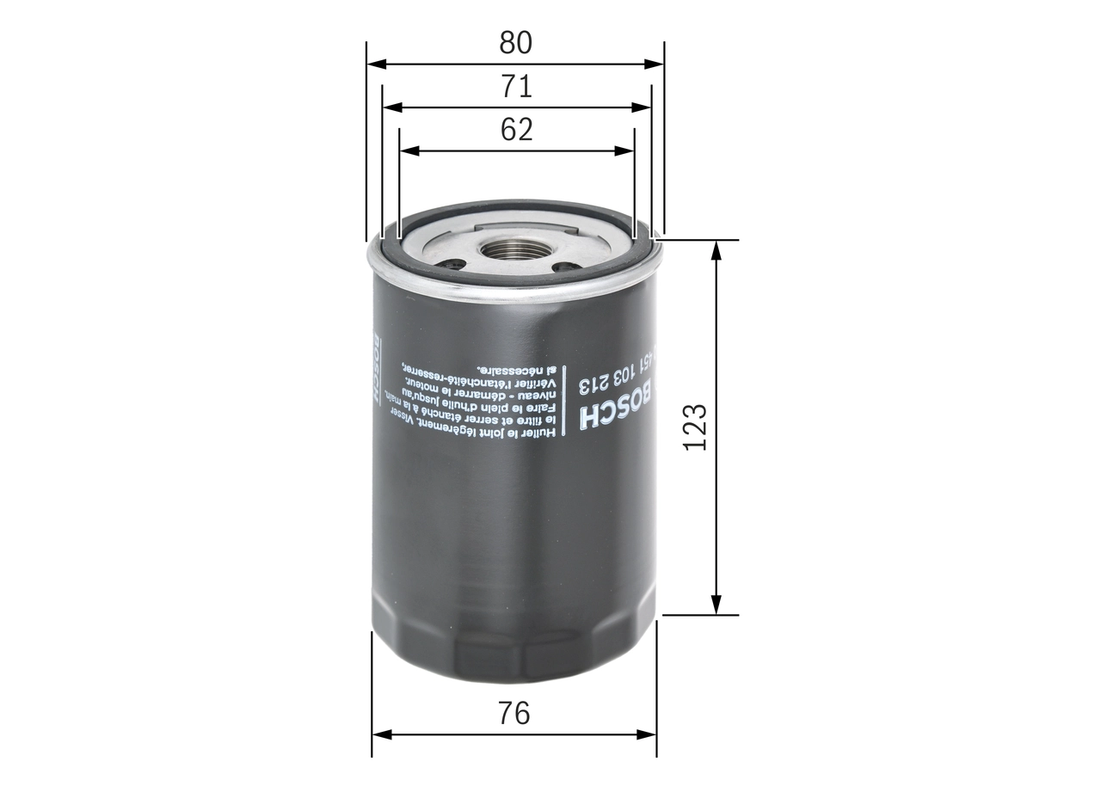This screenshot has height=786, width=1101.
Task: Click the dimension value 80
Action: click(x=515, y=42)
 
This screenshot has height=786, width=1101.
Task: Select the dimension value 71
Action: click(x=516, y=86)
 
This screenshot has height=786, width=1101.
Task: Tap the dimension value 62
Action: click(x=516, y=129)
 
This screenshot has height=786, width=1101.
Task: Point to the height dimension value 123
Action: click(x=695, y=426)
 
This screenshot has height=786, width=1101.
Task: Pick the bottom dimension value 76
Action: click(x=514, y=713)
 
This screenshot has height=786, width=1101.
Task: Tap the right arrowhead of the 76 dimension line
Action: click(x=650, y=735)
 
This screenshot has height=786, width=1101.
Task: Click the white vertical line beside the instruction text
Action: click(x=564, y=402)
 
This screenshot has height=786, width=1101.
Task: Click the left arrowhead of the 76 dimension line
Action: click(x=378, y=735)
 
